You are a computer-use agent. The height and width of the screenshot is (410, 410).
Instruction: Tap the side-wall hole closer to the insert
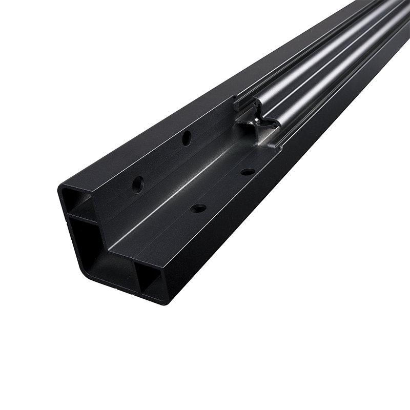tap(187, 137)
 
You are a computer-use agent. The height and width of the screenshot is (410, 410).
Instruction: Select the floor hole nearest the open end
tap(198, 209)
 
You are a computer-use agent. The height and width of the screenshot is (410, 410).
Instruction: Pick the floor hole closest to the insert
tap(248, 172)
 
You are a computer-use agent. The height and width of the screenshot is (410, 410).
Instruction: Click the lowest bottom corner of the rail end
tap(164, 303)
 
